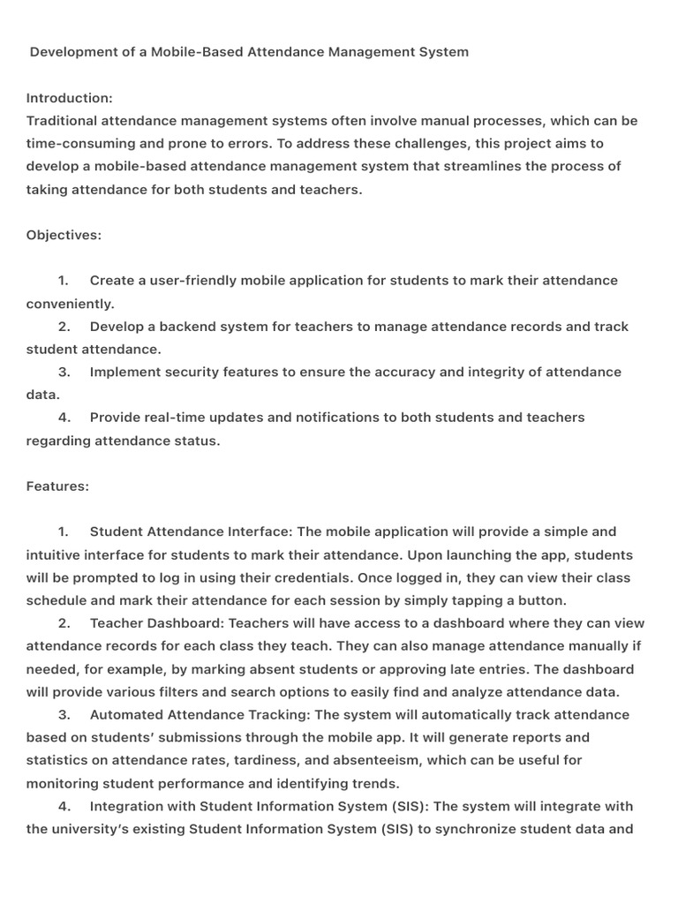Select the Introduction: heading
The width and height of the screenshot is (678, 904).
click(x=70, y=98)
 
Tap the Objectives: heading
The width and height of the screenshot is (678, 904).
click(x=64, y=235)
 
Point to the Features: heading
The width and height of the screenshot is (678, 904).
click(x=57, y=486)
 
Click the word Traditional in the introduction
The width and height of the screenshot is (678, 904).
click(x=62, y=121)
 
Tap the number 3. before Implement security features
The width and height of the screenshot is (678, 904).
click(x=64, y=373)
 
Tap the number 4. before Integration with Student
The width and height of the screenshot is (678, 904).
click(x=64, y=806)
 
